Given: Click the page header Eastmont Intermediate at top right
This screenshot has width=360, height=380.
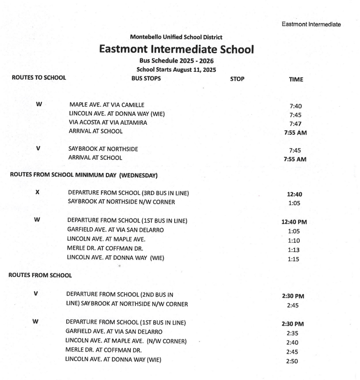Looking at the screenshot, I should tap(311, 24).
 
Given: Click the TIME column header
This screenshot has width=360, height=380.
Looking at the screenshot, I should tap(296, 79).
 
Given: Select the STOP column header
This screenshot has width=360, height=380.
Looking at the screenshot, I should tap(237, 79).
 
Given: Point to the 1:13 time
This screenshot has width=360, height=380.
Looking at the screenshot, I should tap(294, 249).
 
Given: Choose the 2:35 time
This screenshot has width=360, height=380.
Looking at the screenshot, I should tap(294, 333).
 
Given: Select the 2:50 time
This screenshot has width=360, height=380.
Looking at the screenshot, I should tap(294, 361).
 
